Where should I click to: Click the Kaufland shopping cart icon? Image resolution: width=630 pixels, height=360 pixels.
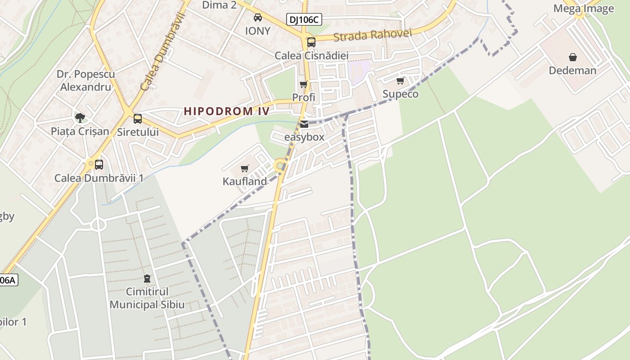point(245,169)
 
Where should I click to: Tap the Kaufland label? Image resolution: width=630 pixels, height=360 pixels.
point(245,181)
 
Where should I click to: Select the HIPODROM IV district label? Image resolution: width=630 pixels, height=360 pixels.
point(226,111)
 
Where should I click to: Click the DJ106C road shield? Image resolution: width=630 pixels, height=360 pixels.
point(304,19)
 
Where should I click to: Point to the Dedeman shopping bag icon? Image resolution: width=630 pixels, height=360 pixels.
point(573,57)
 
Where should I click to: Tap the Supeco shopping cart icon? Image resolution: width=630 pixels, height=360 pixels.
point(400,81)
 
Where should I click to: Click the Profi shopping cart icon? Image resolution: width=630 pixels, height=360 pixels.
point(304,85)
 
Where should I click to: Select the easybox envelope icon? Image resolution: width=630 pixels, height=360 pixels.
point(304,124)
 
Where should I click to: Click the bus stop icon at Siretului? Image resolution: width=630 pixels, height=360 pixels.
point(138,119)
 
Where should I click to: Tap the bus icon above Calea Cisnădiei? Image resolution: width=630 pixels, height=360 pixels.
point(311,42)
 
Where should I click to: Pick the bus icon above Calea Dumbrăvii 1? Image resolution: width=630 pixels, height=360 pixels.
point(99,165)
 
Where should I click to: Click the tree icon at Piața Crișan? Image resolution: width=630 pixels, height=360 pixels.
point(80,118)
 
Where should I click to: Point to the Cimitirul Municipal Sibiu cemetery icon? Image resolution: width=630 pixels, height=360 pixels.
point(147,279)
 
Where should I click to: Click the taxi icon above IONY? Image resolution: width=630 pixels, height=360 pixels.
point(258,18)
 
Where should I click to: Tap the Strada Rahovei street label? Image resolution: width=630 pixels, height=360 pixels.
point(366,35)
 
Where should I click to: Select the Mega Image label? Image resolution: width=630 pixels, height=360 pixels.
point(583,9)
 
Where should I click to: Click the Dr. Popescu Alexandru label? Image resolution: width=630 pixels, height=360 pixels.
point(85,81)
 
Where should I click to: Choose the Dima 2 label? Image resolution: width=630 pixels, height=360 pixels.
point(219,5)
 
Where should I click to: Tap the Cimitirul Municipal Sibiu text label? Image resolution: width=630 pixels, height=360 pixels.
point(147,298)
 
